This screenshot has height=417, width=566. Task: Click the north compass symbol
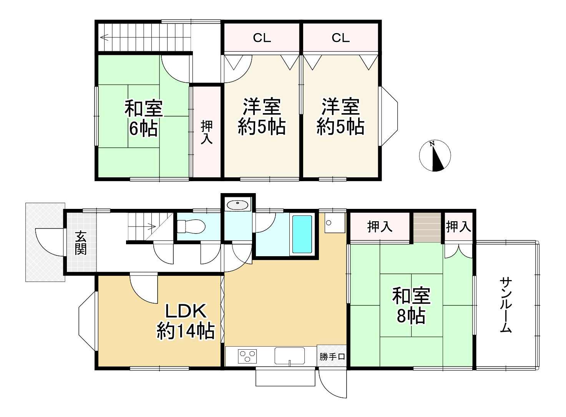coord(435,156)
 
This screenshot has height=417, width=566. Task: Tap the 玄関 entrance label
coord(81,243)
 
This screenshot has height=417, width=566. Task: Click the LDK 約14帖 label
coord(186,322)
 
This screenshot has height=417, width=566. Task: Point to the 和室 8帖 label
coord(411,306)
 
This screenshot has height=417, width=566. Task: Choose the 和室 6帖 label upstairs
coord(143,118)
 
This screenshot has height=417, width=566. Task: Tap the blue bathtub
coord(302,234)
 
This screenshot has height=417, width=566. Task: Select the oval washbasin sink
coord(238,204)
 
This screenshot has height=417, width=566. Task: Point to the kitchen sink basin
coord(289,355)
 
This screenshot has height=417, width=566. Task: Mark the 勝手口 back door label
coord(332,357)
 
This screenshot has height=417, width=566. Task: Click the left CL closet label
coord(262,38)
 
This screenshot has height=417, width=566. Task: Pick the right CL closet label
coord(340,38)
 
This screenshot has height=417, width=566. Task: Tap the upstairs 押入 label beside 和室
coord(207,132)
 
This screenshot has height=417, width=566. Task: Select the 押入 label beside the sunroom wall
coord(458,227)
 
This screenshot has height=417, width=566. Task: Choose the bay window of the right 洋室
coord(389,116)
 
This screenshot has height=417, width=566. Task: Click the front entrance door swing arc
coord(45,241)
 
